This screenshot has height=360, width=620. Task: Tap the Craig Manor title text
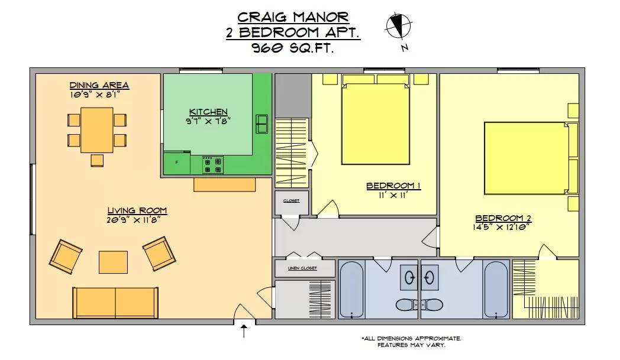coord(293,17)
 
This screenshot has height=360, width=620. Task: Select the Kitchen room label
coord(208,112)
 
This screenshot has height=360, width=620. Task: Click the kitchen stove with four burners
coord(213,165)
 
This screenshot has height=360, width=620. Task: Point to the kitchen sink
coord(261,124)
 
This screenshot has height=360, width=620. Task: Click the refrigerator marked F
coord(177,163)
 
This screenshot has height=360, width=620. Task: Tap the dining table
coord(97,130)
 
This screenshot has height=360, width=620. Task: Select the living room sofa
coord(115,303)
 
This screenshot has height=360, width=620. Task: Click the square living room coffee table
coord(113,262)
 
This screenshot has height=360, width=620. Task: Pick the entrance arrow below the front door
coord(244,331)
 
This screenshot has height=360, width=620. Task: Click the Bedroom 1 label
coord(393,186)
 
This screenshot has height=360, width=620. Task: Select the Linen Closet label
coord(302,268)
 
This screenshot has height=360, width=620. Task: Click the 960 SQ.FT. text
coord(293,48)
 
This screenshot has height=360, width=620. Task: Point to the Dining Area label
coord(99,85)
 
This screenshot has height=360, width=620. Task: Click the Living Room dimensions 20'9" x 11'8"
coord(134,220)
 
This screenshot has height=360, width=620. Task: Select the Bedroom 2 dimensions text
coord(501,227)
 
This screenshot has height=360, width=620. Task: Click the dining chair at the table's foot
coord(97,160)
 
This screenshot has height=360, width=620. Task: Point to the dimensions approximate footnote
coord(411,342)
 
